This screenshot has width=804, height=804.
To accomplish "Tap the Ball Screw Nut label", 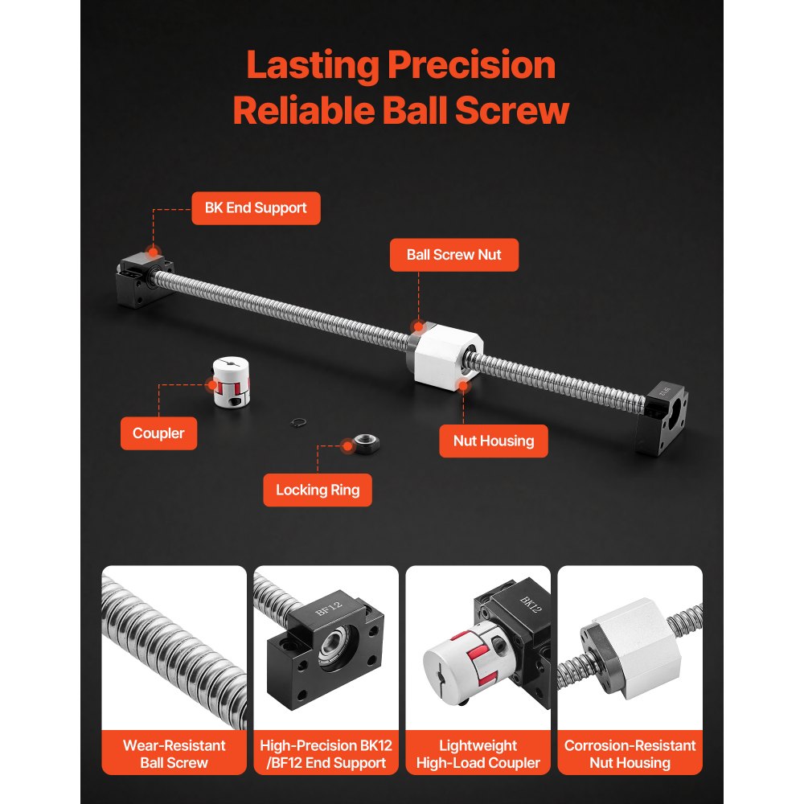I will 453,255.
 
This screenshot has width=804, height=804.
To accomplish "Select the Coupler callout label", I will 158,433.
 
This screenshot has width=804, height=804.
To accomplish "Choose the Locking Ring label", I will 318,490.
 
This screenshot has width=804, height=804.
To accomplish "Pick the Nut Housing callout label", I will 494,441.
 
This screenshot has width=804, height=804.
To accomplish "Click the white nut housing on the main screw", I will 444,355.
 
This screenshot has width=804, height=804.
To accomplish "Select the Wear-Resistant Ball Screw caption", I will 174,754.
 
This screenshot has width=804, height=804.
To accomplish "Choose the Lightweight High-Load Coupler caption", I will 478,754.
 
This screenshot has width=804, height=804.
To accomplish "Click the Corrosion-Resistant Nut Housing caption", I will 630,754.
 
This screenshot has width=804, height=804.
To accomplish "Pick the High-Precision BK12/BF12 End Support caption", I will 326,754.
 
